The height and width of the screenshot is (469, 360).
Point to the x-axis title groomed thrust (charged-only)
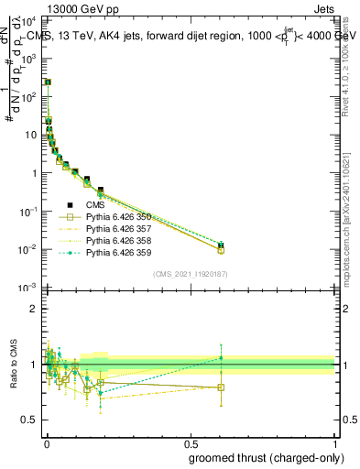coord(274,458)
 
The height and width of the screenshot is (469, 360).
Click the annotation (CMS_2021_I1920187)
coord(190,274)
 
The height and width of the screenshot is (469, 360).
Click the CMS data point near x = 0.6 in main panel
coord(221,245)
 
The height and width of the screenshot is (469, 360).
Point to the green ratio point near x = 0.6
coord(221,358)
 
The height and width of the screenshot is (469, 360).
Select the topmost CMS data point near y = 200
coord(48,82)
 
